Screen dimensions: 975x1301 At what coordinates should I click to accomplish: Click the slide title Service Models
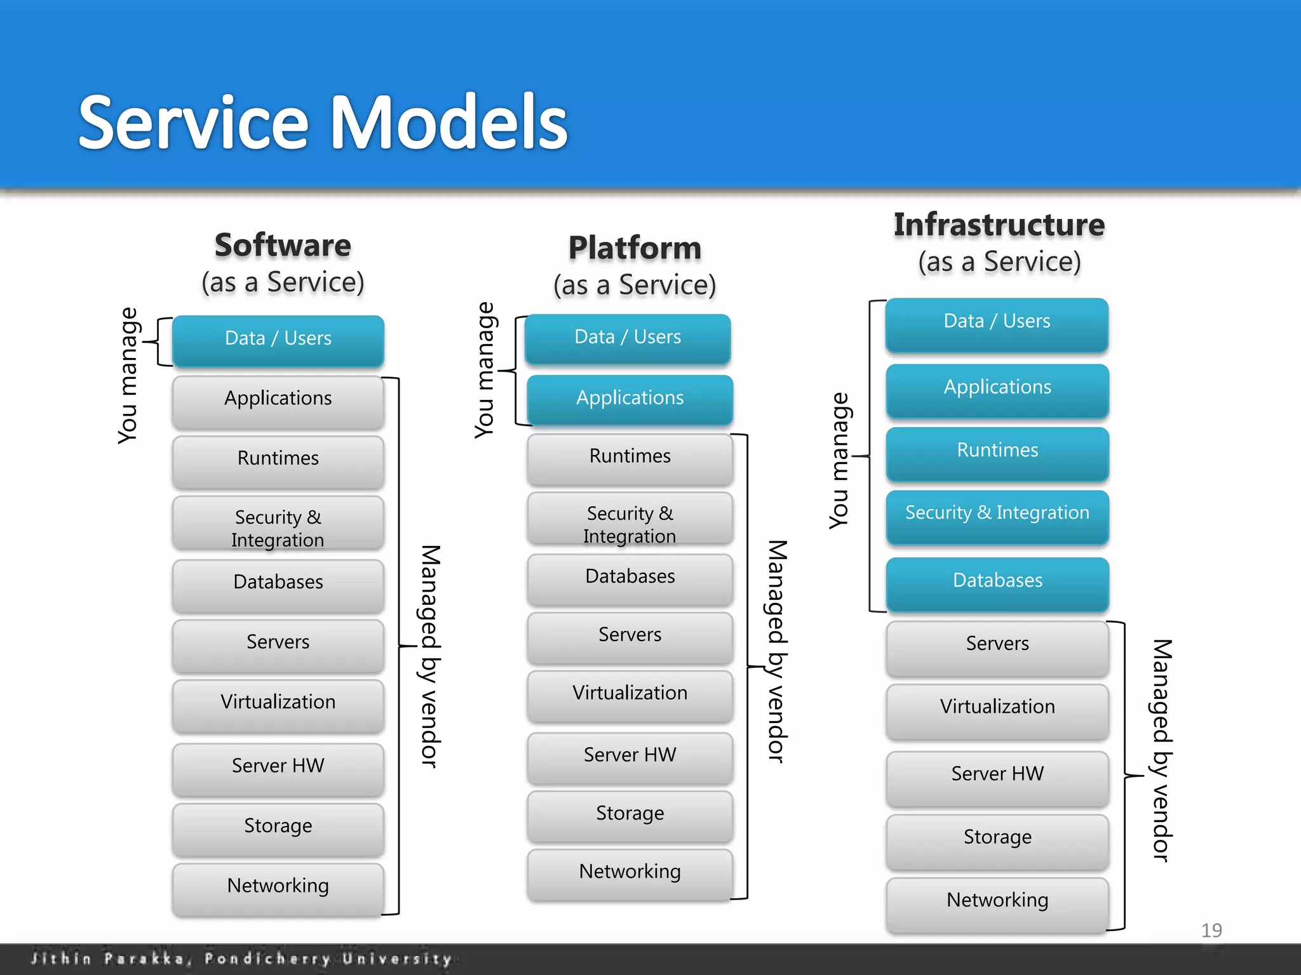click(323, 122)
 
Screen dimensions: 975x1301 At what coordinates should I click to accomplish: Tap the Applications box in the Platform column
click(630, 399)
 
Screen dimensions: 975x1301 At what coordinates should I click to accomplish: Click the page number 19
click(1211, 931)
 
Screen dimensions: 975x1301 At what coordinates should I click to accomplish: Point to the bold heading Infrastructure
click(999, 225)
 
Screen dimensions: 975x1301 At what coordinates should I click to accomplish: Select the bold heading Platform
click(635, 248)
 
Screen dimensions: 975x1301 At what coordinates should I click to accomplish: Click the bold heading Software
click(283, 246)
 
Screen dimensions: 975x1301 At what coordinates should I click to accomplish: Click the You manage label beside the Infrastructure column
click(839, 460)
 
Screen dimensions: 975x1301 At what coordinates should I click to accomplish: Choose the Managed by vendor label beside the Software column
click(431, 656)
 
